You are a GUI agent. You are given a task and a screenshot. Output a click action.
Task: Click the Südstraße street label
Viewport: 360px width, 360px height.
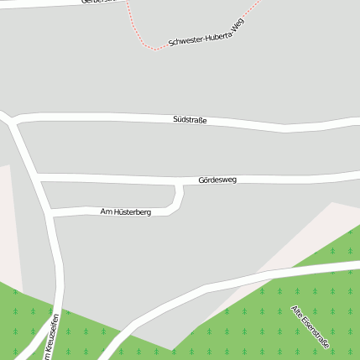coord(189,120)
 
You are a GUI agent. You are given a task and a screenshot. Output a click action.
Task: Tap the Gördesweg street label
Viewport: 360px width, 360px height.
coord(217,180)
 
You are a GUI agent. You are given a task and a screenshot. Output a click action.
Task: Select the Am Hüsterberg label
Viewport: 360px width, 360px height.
coord(125,212)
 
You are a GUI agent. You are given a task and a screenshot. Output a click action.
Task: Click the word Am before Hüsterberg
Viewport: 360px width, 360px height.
coord(105,211)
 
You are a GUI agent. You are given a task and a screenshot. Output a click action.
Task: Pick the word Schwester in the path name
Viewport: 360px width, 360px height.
coord(185,39)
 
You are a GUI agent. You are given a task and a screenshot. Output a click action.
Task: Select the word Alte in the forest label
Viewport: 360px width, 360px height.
coord(297,313)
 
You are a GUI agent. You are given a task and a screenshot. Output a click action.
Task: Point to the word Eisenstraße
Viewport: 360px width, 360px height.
coord(316,332)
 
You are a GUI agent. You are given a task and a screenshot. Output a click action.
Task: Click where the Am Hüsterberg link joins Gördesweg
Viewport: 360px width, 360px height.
coord(178,184)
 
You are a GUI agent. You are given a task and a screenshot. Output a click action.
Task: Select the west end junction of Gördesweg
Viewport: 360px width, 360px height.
coord(37,176)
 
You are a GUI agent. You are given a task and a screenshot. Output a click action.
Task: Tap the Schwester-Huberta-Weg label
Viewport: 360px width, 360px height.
coord(206,32)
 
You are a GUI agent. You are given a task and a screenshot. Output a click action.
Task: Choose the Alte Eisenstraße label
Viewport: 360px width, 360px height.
coord(310,326)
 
